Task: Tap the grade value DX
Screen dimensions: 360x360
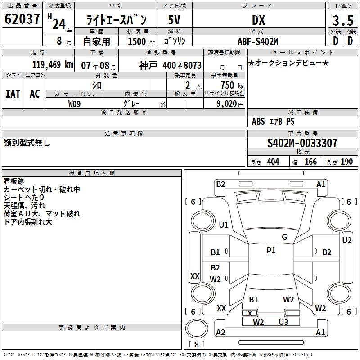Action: coord(258,20)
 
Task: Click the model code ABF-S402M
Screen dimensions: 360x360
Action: coord(258,41)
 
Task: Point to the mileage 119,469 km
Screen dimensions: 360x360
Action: coord(53,64)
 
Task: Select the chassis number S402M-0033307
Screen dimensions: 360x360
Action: coord(302,143)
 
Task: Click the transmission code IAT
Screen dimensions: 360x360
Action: coord(13,94)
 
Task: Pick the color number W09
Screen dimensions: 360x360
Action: coord(75,104)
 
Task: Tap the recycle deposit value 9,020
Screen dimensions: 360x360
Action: coord(224,104)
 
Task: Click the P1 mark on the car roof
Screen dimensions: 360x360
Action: coord(271,251)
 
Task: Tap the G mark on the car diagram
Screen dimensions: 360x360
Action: coord(284,237)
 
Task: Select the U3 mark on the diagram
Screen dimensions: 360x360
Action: coord(283,322)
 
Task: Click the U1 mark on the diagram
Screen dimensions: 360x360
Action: coord(224,225)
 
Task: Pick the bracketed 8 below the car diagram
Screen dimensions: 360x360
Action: coord(196,345)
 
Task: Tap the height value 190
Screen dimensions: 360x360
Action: coord(346,162)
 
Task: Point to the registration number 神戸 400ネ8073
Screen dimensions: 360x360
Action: coord(170,65)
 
